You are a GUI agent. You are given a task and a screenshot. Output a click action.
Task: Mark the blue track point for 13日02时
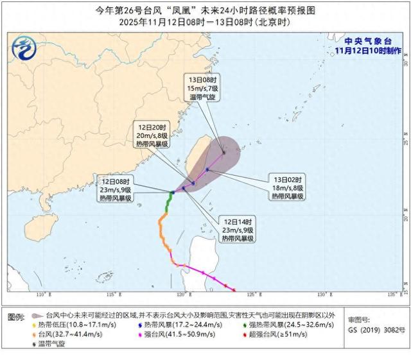pyautogui.click(x=207, y=170)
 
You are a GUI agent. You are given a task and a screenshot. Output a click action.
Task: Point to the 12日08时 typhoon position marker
pyautogui.click(x=172, y=193)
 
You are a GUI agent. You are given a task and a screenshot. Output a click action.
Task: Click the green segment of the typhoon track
pyautogui.click(x=168, y=203)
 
